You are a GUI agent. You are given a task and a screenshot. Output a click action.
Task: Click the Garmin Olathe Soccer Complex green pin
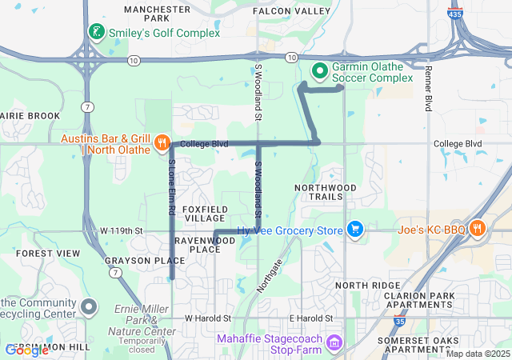(x=320, y=71)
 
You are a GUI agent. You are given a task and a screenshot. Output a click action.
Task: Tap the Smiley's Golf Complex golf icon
(x=96, y=32)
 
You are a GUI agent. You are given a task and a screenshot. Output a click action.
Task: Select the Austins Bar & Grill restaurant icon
(x=162, y=142)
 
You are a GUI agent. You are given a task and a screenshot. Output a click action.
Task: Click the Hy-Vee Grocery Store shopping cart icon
(x=355, y=230)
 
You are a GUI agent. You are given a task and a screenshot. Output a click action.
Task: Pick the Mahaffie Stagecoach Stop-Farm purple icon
(x=334, y=345)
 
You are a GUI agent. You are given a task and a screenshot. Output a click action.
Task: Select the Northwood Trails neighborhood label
(x=325, y=191)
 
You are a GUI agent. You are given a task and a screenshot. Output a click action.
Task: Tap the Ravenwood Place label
(x=205, y=244)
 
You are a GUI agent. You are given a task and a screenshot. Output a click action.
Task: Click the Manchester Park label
(x=157, y=13)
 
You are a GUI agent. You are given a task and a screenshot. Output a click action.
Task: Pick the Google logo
(x=26, y=350)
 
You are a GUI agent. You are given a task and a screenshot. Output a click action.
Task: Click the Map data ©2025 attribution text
(x=477, y=354)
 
